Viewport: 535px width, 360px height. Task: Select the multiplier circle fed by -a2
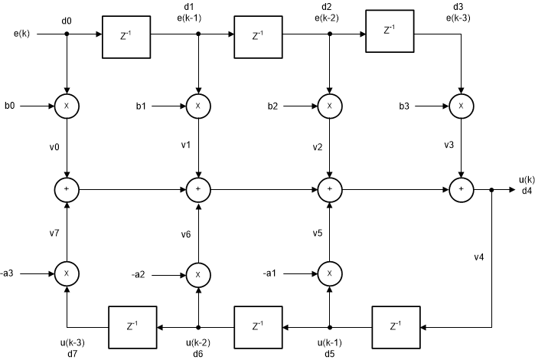coord(198,272)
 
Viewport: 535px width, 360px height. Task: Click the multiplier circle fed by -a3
coord(67,272)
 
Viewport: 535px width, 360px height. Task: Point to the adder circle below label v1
coord(198,188)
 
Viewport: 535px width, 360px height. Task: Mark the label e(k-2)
coord(331,19)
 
